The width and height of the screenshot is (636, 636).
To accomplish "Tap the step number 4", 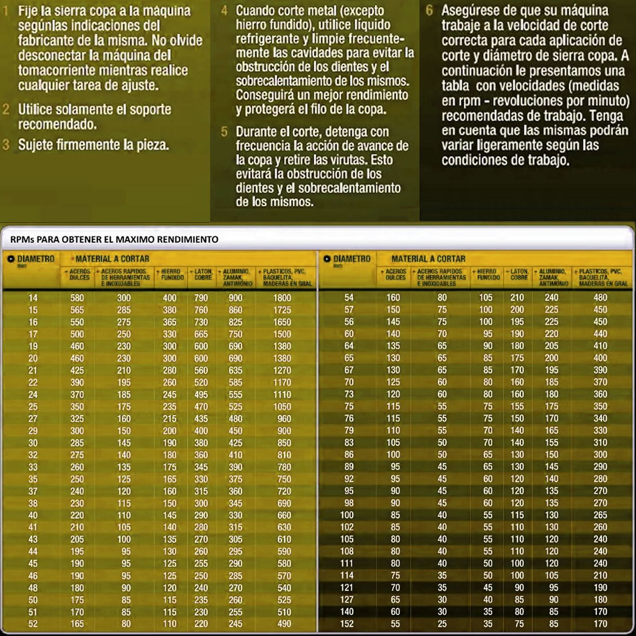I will click(225, 11).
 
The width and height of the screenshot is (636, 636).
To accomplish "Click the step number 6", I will click(430, 11).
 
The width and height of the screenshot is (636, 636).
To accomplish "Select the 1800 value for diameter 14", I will click(282, 298).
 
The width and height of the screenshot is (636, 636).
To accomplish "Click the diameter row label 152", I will click(347, 623).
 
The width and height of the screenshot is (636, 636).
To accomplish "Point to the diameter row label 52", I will click(33, 623).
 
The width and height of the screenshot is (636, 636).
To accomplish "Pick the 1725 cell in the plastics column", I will click(282, 310).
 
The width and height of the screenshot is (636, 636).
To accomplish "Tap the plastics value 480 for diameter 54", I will click(600, 298).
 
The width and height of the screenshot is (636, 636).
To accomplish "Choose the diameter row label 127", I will click(347, 599).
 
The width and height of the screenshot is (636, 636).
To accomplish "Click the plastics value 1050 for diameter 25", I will click(282, 407).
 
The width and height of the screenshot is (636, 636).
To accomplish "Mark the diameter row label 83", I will click(348, 443).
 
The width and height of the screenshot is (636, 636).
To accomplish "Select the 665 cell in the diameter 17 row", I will click(201, 334).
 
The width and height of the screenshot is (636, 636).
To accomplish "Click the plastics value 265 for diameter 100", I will click(600, 515).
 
